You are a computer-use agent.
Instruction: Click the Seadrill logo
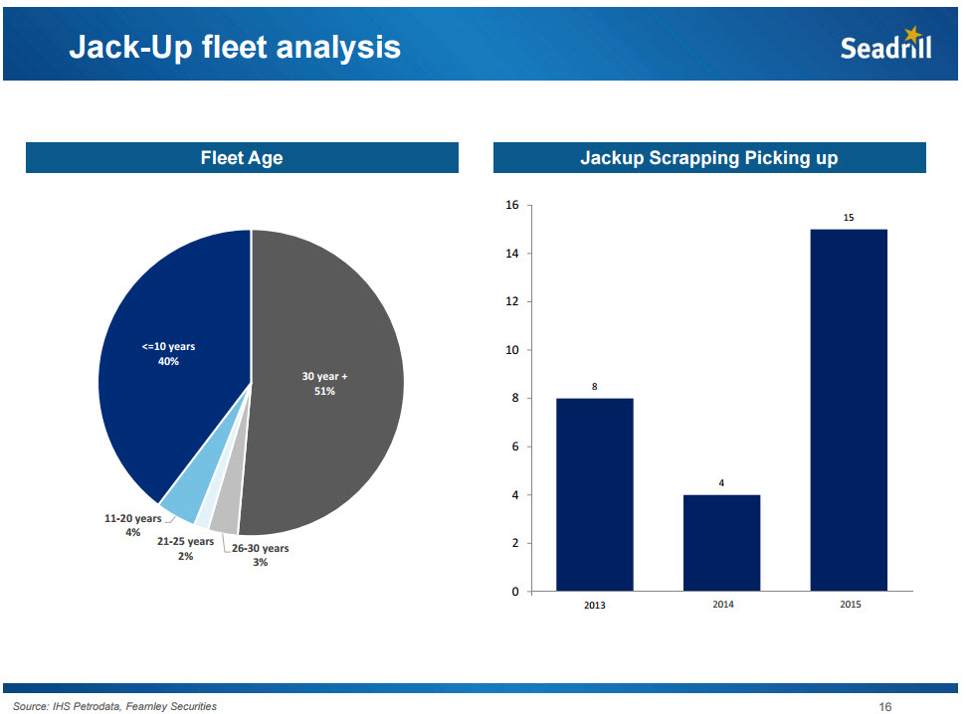pyautogui.click(x=885, y=46)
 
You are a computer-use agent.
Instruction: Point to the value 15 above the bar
pyautogui.click(x=849, y=216)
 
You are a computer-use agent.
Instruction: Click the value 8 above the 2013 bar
pyautogui.click(x=594, y=385)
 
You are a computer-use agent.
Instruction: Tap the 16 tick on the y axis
pyautogui.click(x=512, y=206)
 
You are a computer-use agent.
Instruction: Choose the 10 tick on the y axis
pyautogui.click(x=512, y=350)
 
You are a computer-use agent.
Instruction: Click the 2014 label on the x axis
pyautogui.click(x=722, y=605)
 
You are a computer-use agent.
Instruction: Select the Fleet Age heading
pyautogui.click(x=242, y=158)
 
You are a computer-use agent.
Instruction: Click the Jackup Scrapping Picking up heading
pyautogui.click(x=708, y=158)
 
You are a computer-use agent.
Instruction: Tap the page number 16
pyautogui.click(x=884, y=707)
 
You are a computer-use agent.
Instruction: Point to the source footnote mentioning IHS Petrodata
pyautogui.click(x=114, y=707)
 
